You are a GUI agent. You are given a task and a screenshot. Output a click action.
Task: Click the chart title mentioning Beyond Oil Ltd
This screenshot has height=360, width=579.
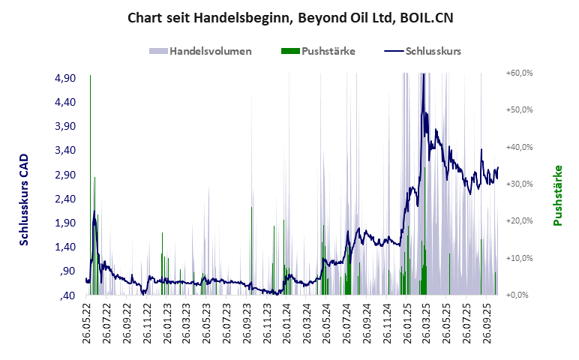click(289, 16)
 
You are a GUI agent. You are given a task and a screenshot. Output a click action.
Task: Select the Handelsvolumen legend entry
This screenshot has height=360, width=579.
click(200, 51)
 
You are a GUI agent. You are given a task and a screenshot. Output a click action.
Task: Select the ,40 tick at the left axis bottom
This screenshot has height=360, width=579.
click(68, 295)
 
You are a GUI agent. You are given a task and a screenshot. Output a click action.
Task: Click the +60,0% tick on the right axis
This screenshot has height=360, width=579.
click(519, 73)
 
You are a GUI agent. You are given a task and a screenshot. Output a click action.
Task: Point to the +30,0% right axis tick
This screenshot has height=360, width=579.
click(519, 184)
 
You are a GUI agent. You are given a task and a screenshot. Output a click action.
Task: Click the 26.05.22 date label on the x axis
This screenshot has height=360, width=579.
click(87, 322)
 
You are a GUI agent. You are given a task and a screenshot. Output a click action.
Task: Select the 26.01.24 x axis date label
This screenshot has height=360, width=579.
click(286, 322)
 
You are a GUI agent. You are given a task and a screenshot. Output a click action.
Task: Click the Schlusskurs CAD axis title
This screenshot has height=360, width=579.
click(24, 200)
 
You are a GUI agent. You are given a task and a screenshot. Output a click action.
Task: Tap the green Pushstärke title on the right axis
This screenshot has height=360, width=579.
click(558, 195)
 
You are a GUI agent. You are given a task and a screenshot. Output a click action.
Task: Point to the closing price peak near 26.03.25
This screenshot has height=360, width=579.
click(424, 75)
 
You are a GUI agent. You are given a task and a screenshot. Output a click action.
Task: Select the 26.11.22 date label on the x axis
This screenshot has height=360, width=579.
click(147, 322)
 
